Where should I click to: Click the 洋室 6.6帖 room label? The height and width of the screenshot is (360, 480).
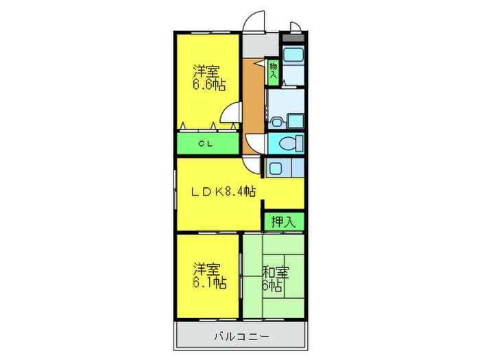click(208, 77)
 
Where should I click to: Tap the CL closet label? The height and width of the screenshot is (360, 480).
click(204, 143)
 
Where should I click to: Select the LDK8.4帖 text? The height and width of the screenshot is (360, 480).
click(223, 192)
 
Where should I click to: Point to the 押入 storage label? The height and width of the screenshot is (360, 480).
click(283, 221)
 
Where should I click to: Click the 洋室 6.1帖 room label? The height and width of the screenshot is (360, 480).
click(208, 276)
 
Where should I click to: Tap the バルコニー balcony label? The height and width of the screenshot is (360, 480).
click(240, 337)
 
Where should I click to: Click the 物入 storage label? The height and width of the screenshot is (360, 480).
click(273, 71)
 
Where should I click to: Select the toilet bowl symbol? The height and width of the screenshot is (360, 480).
click(291, 144)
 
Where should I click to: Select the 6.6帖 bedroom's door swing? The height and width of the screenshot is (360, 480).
click(234, 111)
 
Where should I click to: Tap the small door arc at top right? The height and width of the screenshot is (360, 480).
click(295, 27)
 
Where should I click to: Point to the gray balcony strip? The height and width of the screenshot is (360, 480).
click(240, 337)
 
